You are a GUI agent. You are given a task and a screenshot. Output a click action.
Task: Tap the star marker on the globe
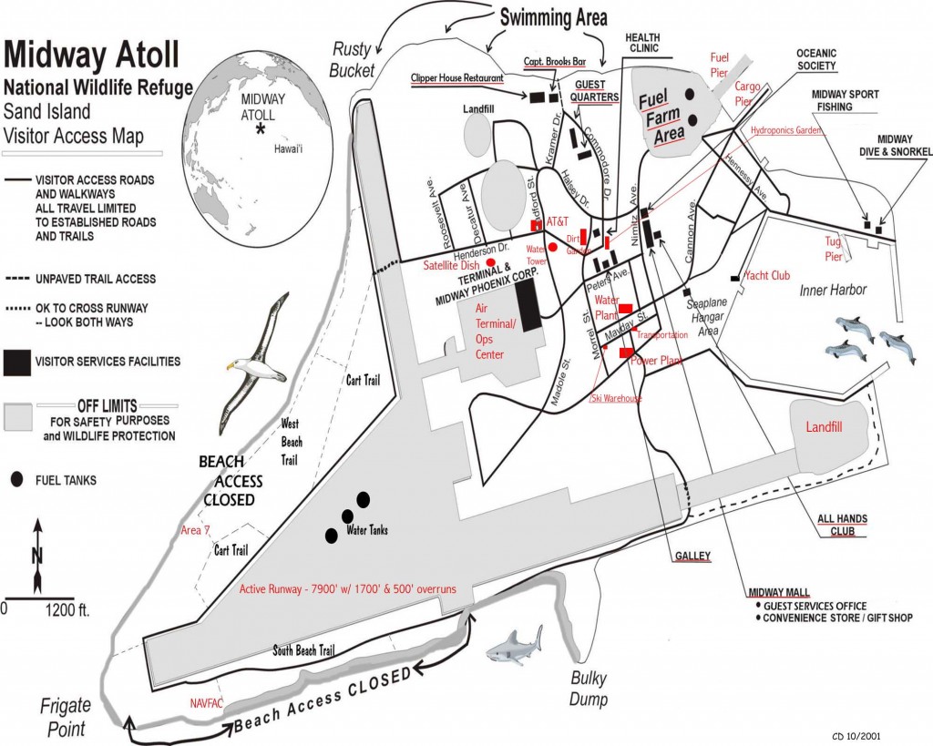(261, 130)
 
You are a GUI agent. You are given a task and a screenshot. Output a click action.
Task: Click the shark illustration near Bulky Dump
(515, 646)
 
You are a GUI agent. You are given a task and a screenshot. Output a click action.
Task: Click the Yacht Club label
(766, 275)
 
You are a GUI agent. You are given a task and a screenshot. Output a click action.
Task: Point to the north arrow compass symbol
(36, 556)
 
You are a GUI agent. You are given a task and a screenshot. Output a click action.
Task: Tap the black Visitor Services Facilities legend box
(18, 361)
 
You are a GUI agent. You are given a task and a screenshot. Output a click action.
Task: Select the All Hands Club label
(842, 525)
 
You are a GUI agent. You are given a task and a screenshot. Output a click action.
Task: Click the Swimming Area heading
(553, 17)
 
